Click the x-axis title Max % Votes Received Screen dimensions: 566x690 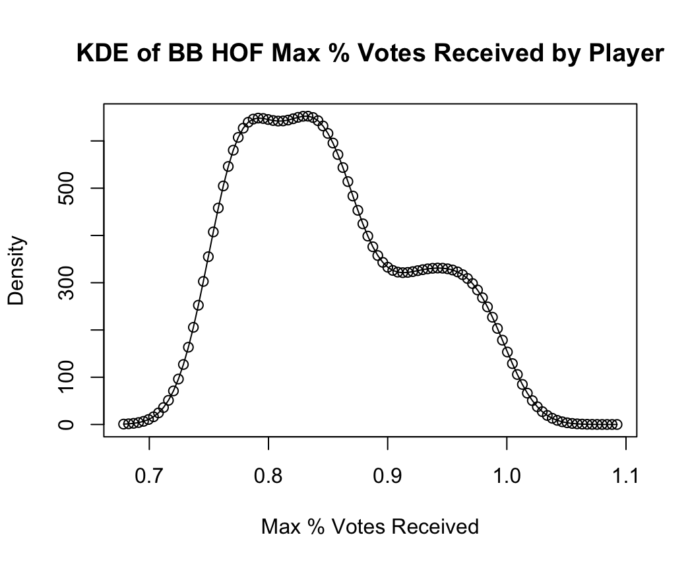point(369,526)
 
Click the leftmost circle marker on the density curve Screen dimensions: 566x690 point(123,424)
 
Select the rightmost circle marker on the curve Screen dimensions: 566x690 point(617,424)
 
